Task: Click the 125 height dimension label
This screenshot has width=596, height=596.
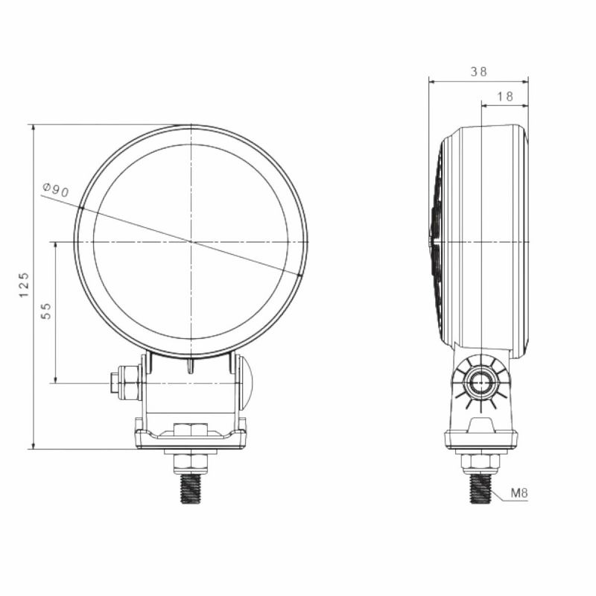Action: point(24,285)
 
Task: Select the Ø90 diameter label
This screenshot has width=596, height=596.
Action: point(56,190)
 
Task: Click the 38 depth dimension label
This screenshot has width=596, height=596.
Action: point(478,72)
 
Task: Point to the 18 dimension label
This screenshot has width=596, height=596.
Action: point(504,96)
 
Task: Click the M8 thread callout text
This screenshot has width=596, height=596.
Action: point(520,493)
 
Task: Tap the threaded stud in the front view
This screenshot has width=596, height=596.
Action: point(191,489)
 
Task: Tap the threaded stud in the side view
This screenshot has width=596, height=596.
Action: point(481,488)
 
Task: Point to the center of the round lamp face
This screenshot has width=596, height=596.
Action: point(191,241)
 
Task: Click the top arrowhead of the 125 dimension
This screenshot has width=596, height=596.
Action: point(33,129)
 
